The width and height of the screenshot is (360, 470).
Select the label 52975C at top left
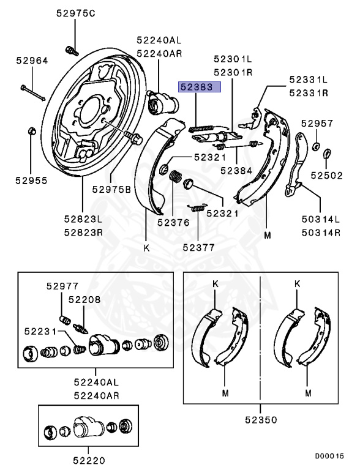75,13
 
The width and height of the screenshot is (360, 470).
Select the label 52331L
309,80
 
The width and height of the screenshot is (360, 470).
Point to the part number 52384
236,170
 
